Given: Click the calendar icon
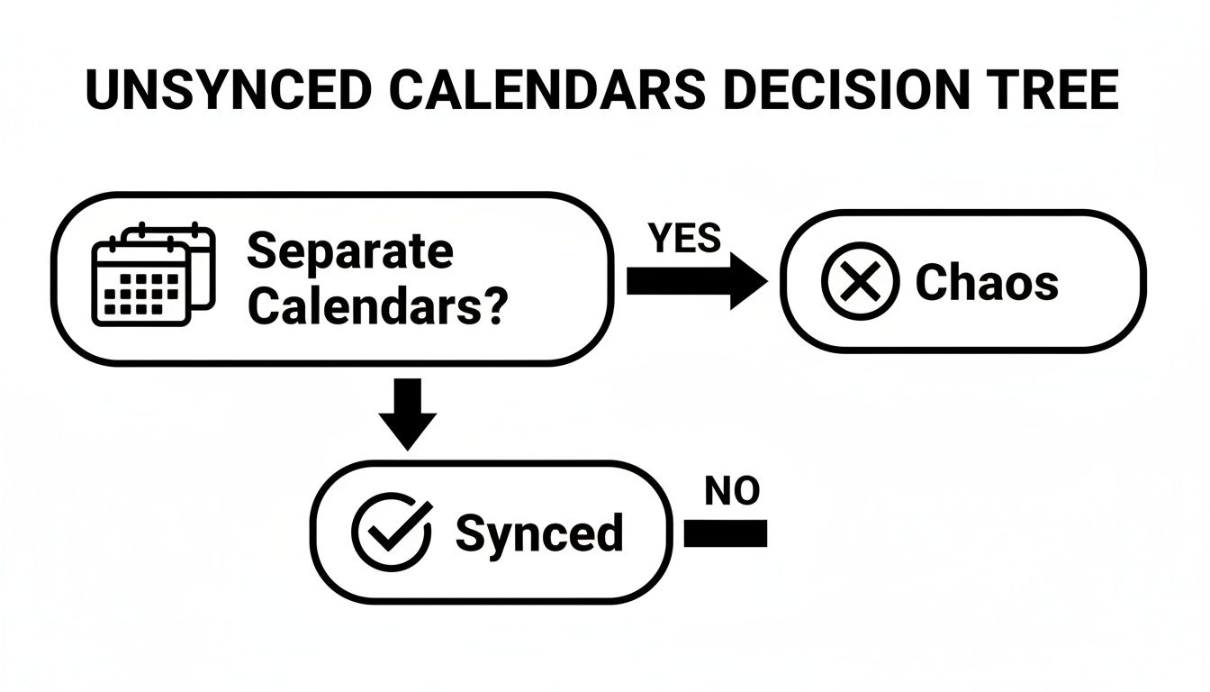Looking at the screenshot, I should (x=154, y=276).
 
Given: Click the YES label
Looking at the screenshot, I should (x=684, y=239).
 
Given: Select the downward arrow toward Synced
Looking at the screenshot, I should (x=408, y=413).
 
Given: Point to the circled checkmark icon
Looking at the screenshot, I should (x=390, y=532).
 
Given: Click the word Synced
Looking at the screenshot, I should (x=538, y=533).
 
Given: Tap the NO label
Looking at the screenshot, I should (x=732, y=491).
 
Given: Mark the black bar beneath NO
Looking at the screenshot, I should (x=726, y=534).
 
